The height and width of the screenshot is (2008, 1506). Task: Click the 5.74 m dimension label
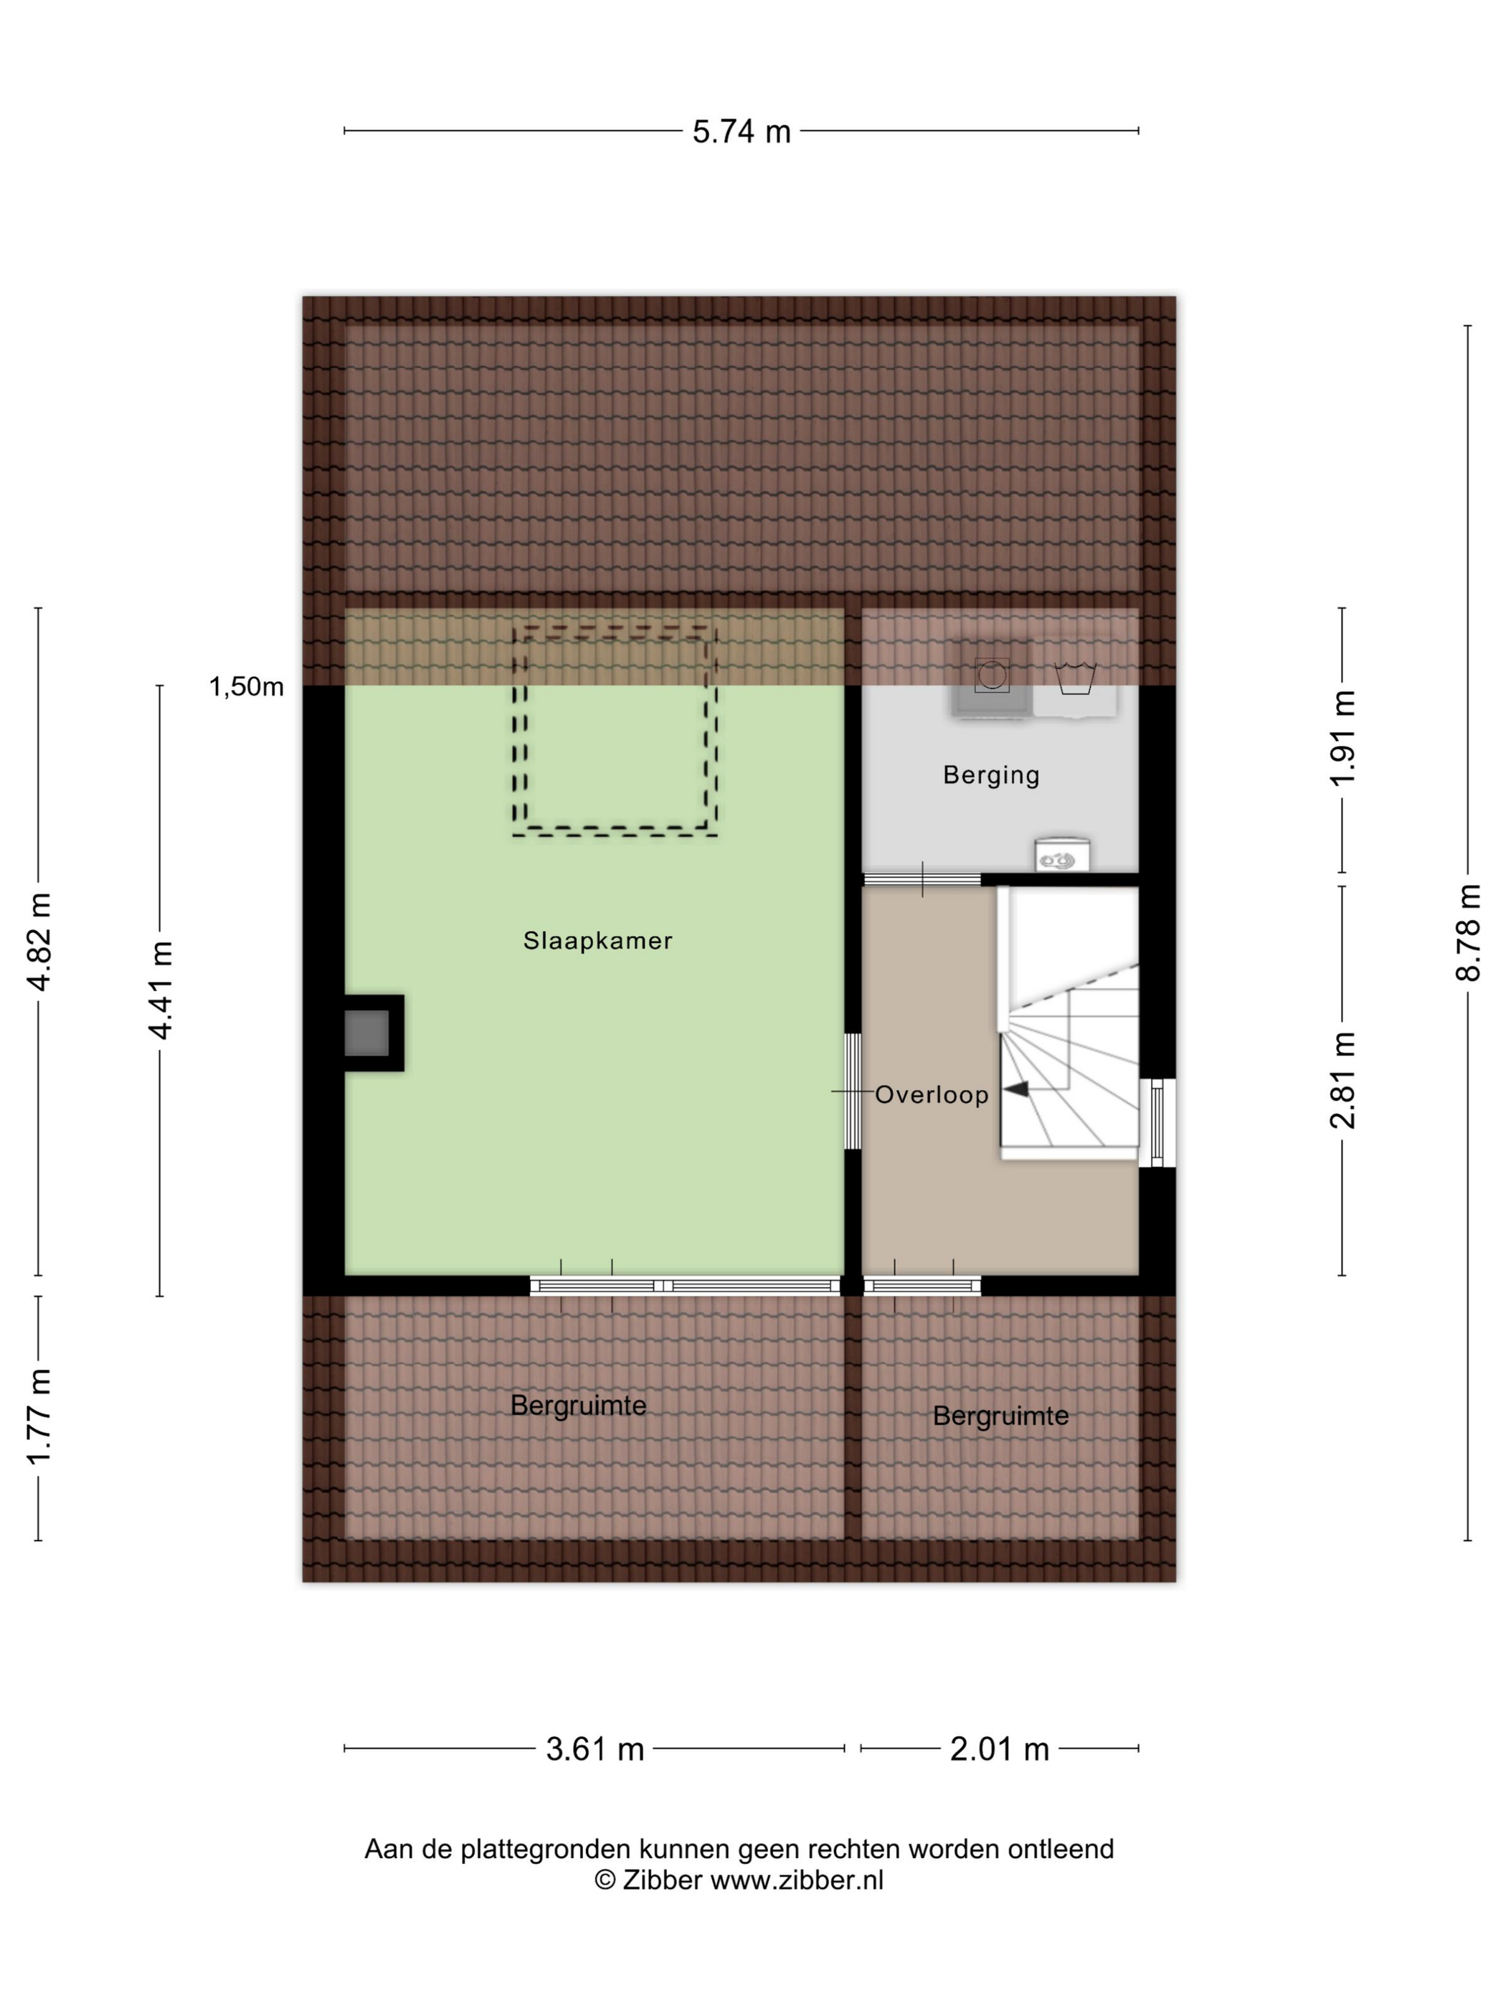click(741, 132)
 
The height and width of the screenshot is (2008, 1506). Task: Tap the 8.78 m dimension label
click(1468, 932)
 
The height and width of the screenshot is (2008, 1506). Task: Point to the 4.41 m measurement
click(161, 990)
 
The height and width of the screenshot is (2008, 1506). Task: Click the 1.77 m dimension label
click(39, 1416)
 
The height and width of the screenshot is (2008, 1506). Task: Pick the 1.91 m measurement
click(1342, 738)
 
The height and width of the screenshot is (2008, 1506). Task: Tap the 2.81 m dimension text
click(1342, 1080)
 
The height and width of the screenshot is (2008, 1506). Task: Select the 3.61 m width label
click(595, 1748)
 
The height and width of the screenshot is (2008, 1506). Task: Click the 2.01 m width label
click(1000, 1748)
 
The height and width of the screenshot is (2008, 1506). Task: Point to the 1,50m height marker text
click(246, 687)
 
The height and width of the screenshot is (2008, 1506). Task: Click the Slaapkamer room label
click(597, 940)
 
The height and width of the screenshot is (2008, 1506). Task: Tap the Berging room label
click(991, 775)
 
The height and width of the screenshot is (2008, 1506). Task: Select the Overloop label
click(932, 1095)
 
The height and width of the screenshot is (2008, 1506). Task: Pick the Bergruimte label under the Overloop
click(1000, 1416)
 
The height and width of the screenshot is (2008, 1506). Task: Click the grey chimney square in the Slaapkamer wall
click(366, 1033)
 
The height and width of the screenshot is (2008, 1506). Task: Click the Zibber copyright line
click(739, 1880)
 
